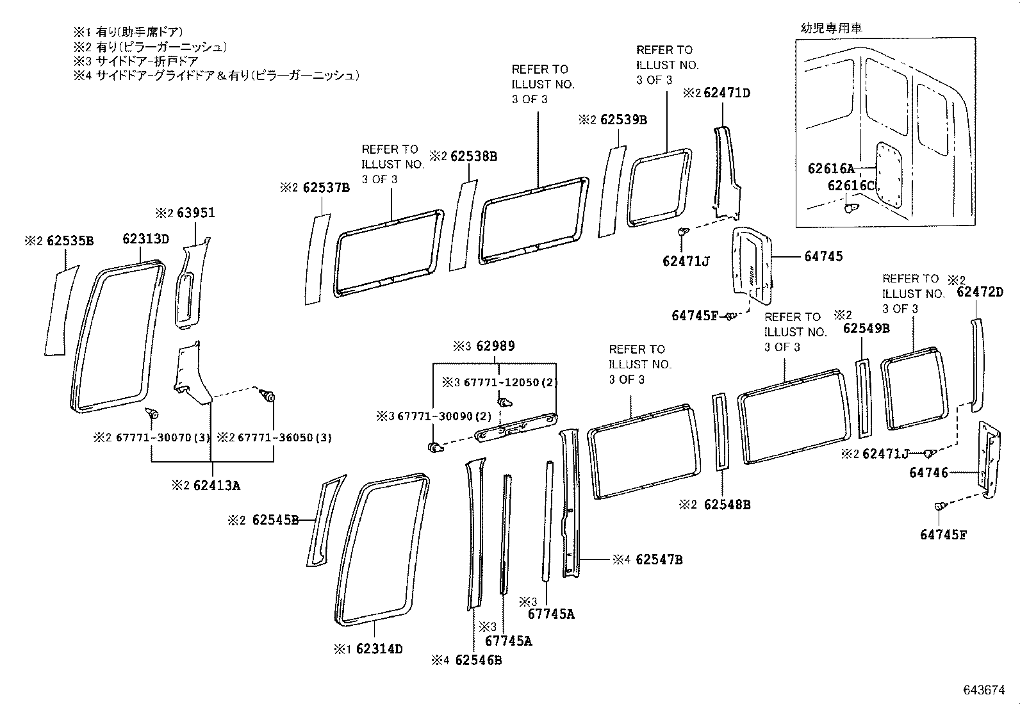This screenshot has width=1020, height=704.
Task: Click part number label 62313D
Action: pyautogui.click(x=145, y=239)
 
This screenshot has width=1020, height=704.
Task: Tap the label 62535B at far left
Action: pyautogui.click(x=70, y=241)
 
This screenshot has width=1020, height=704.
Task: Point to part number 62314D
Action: pyautogui.click(x=379, y=649)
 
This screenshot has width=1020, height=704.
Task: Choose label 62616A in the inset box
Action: pyautogui.click(x=831, y=168)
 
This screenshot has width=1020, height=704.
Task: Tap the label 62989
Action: pyautogui.click(x=496, y=347)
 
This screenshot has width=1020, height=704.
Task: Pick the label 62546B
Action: pyautogui.click(x=478, y=660)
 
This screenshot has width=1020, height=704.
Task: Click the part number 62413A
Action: pyautogui.click(x=217, y=485)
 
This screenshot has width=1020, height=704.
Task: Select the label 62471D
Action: pyautogui.click(x=727, y=92)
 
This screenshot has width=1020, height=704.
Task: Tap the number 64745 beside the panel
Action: pyautogui.click(x=823, y=256)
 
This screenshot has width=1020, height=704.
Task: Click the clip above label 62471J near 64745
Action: pyautogui.click(x=684, y=232)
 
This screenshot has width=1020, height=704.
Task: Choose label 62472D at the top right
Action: pyautogui.click(x=980, y=292)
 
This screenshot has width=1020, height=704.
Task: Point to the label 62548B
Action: pyautogui.click(x=727, y=505)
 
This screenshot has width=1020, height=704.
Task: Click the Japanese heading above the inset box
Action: pyautogui.click(x=831, y=28)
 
